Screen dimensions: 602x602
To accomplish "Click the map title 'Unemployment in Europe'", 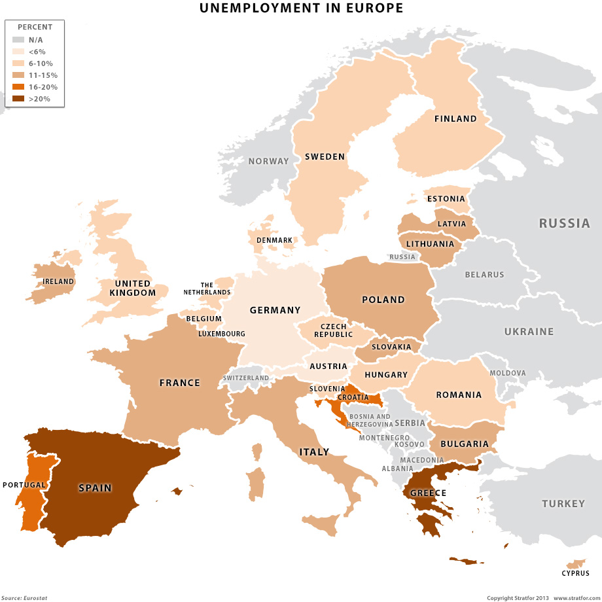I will [x=301, y=9].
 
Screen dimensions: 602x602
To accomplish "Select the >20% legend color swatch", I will [x=18, y=99].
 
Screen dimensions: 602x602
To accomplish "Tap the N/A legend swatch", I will [x=18, y=40].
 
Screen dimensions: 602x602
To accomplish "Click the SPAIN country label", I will [x=95, y=487].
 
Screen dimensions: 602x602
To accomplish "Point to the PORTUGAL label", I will [x=24, y=485].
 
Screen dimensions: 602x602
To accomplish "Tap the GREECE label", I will [x=429, y=493].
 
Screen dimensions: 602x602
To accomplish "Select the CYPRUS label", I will [x=575, y=574].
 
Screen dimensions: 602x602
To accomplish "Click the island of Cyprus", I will [x=576, y=563].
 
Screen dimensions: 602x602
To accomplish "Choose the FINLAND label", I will [x=455, y=119].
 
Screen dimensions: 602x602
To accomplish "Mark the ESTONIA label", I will [x=446, y=199].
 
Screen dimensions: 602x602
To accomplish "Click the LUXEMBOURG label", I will [x=222, y=334].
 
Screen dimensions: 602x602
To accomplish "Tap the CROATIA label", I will [x=353, y=397].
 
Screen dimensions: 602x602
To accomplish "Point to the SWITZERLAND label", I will [x=245, y=378].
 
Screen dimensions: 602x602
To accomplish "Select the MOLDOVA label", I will [x=508, y=373].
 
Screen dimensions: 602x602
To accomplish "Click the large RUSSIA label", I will [x=564, y=224].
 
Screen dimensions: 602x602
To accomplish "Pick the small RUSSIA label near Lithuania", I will [x=402, y=257].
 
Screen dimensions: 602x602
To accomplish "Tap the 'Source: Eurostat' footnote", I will [x=24, y=597].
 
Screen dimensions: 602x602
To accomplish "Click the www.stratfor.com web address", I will [x=577, y=597].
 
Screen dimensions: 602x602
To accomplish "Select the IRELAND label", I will [x=58, y=282].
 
